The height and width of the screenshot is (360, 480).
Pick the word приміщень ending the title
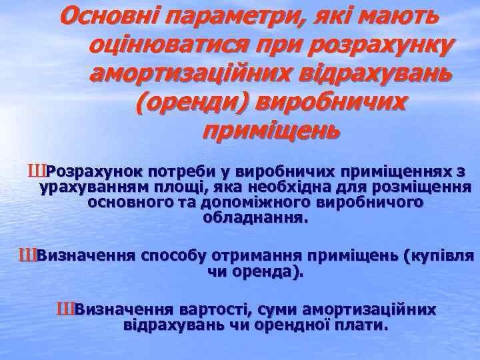pos(271,129)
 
